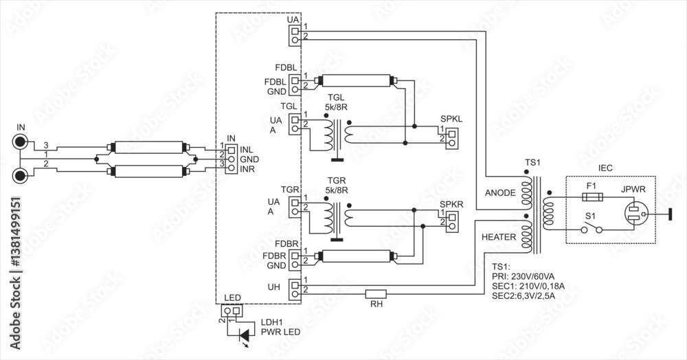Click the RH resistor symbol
(x=375, y=294)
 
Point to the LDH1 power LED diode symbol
(x=243, y=335)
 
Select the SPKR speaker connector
(x=451, y=218)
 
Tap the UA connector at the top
(x=295, y=35)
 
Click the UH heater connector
(x=295, y=289)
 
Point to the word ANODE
(x=499, y=193)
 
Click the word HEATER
(x=498, y=236)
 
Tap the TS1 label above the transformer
(x=532, y=162)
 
